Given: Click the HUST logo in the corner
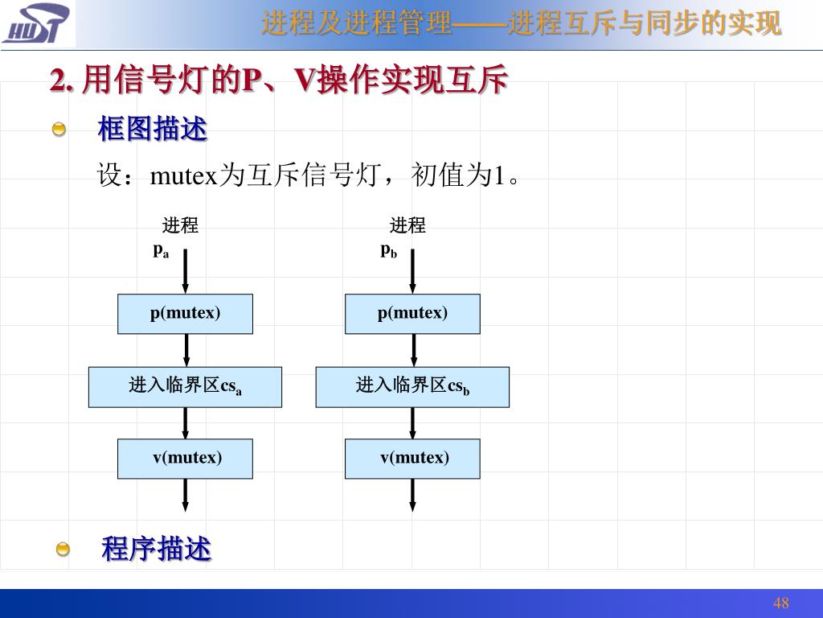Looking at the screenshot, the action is tap(36, 23).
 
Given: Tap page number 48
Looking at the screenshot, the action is tap(780, 604).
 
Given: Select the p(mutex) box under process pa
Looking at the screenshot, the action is tap(186, 314).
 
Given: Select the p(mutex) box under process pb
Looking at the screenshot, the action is tap(412, 314).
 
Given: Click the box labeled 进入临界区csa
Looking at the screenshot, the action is tap(186, 387).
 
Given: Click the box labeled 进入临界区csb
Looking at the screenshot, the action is tap(412, 387).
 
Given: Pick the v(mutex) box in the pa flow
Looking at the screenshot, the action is tap(186, 459).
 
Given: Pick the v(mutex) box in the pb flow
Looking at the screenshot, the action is tap(412, 459).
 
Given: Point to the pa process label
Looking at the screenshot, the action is tap(162, 250).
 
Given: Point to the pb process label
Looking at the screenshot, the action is tap(389, 250).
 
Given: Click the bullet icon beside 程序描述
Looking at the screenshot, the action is tap(63, 550).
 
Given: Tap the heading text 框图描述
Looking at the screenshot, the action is tap(152, 129).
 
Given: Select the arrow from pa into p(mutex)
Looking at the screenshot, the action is tap(186, 271).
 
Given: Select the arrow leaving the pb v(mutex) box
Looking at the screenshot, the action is tap(412, 495).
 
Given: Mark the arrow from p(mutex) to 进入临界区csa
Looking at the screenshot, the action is tap(186, 350).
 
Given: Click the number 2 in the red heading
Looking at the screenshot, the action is tap(57, 80).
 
